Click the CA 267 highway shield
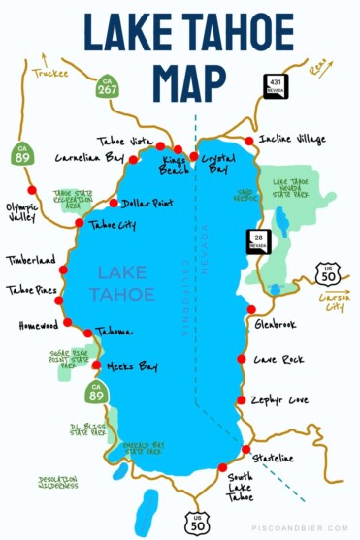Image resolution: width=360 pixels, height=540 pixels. pos(107,88)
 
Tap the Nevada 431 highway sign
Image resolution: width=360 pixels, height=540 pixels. pos(277,85)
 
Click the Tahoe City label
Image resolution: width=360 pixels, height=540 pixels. pos(110,225)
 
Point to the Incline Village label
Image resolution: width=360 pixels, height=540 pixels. pos(293,140)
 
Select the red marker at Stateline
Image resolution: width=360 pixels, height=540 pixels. pos(246,449)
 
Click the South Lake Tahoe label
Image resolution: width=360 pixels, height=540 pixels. pos(240,486)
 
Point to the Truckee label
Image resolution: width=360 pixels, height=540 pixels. pos(49,72)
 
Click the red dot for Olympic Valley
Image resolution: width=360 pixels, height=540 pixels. pos(31,190)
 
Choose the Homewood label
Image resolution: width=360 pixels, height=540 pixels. pos(38,326)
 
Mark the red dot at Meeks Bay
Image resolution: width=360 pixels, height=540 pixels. pos(96,365)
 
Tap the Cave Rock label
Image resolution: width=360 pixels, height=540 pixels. pos(278,359)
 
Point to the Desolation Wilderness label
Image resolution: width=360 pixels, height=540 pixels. pos(57,482)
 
